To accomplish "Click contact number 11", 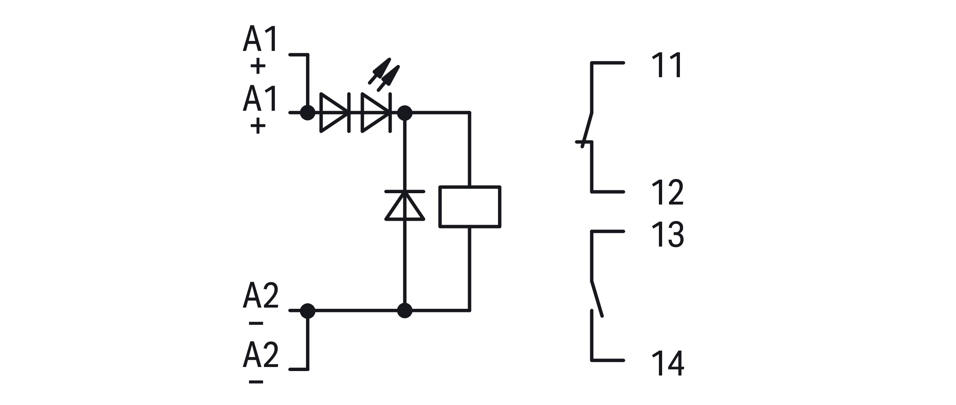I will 667,65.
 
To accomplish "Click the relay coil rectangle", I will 470,207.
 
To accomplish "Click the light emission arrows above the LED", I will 384,73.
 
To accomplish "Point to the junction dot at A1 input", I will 308,112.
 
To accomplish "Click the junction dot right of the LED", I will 405,113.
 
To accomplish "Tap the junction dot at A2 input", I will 308,310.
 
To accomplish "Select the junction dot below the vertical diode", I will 405,310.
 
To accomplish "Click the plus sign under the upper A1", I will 258,66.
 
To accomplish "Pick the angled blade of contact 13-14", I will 597,298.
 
